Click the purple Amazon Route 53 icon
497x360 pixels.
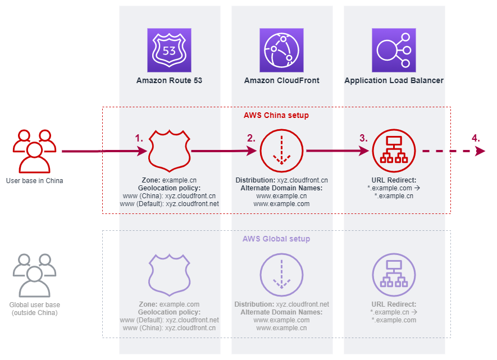click(x=169, y=51)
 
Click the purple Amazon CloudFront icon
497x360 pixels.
click(x=281, y=51)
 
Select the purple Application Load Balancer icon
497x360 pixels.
click(x=394, y=51)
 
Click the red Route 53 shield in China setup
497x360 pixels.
click(x=169, y=151)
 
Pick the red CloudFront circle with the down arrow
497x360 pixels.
click(x=281, y=151)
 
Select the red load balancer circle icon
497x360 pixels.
click(x=394, y=151)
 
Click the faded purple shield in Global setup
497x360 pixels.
click(x=169, y=275)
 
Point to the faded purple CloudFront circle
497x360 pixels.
click(x=281, y=275)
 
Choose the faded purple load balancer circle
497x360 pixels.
click(x=394, y=275)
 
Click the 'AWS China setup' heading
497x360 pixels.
click(x=276, y=115)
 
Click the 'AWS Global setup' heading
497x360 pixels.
click(x=276, y=239)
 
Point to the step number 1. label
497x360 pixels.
click(x=139, y=138)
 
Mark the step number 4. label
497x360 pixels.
click(x=476, y=138)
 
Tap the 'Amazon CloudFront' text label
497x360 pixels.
click(x=281, y=80)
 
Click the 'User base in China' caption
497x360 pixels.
click(x=34, y=181)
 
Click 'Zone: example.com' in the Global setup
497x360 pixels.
click(x=169, y=304)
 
